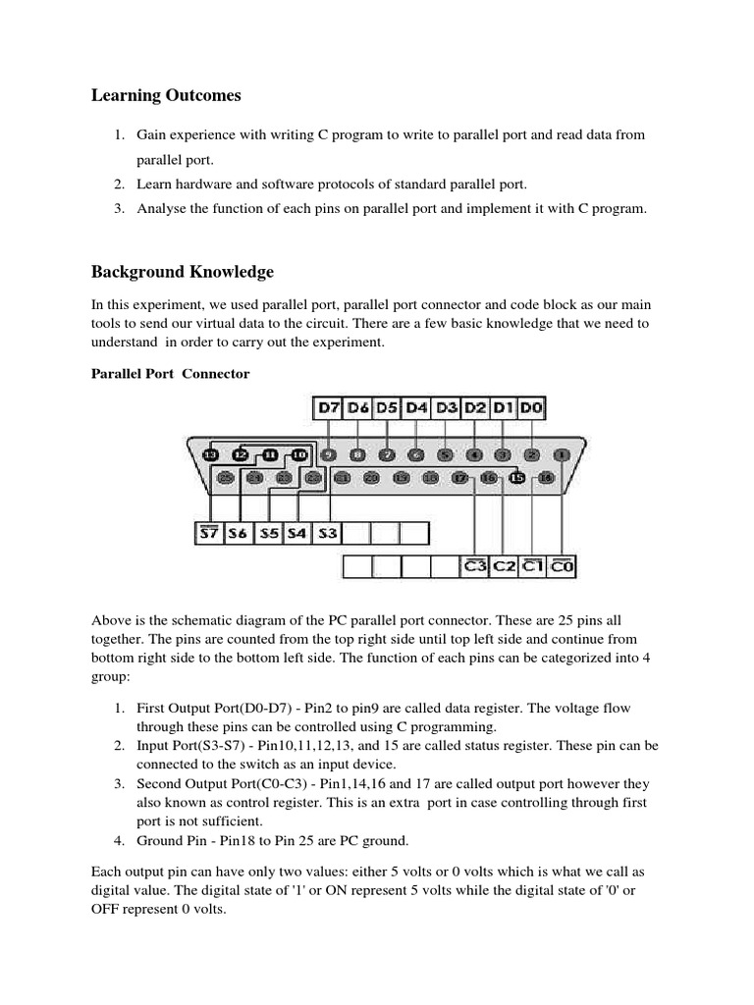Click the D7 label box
tap(329, 407)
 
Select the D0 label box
tap(531, 407)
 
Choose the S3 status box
tap(328, 533)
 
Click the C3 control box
tap(475, 566)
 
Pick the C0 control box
tap(563, 566)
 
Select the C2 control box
tap(505, 566)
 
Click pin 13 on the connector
tap(210, 454)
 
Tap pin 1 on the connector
tap(561, 454)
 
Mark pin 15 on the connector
tap(517, 478)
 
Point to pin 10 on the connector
tap(299, 454)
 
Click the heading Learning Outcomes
tap(166, 95)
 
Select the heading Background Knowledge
tap(183, 271)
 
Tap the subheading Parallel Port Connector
tap(171, 374)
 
